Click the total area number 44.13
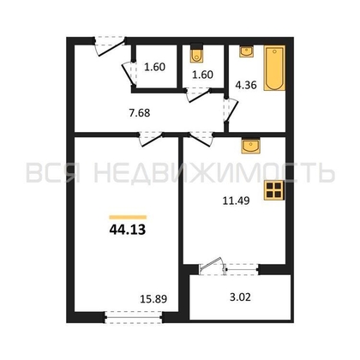tap(128, 230)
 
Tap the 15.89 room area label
tap(153, 299)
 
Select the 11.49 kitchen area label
tap(236, 201)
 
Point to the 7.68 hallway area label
tap(140, 113)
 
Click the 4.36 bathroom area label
tap(246, 85)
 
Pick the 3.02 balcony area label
tap(240, 297)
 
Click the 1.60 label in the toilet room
tap(202, 75)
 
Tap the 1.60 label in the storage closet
tap(154, 67)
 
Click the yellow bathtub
tap(274, 68)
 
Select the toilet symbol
tap(196, 53)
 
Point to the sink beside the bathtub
tap(246, 51)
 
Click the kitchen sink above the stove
tap(250, 147)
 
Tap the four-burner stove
tap(274, 190)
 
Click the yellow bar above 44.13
tap(128, 217)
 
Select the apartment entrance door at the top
tap(110, 45)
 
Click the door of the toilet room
tap(198, 94)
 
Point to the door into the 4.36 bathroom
tap(231, 111)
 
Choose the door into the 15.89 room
tap(151, 139)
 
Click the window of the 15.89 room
tap(134, 317)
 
